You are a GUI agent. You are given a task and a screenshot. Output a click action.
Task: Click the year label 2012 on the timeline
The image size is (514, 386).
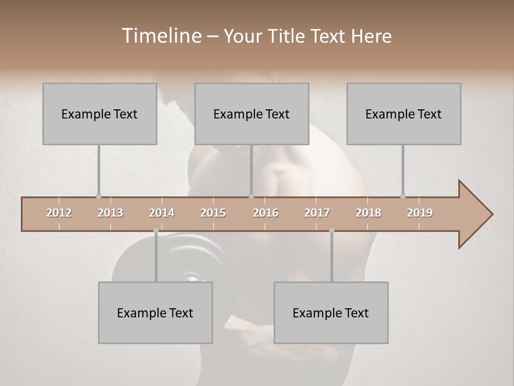(59, 213)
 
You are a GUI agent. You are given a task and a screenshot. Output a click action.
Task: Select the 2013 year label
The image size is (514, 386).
(110, 213)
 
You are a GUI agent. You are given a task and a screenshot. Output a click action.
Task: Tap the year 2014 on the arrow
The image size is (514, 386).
(162, 213)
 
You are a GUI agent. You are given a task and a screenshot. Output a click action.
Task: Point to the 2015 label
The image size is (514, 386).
(213, 213)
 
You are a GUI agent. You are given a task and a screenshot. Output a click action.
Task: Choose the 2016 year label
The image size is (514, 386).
(266, 213)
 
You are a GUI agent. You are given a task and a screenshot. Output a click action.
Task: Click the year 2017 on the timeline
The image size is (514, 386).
(317, 213)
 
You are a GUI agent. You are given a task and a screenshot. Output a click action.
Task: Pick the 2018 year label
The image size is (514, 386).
(368, 213)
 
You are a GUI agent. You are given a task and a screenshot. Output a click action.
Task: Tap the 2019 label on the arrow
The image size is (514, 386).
(420, 213)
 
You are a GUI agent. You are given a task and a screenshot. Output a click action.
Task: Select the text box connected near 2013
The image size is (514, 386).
(100, 114)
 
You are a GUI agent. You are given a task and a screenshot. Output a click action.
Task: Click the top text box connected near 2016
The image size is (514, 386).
(252, 114)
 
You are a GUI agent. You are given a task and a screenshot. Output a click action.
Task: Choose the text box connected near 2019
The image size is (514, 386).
(404, 114)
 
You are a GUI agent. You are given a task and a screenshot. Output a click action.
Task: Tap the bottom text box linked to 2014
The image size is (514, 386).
(155, 313)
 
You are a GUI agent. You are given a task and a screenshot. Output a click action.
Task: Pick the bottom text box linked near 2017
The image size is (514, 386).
(331, 313)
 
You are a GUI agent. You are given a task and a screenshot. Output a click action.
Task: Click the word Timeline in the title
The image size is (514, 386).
(160, 36)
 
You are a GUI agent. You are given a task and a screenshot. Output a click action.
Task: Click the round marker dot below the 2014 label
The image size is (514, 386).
(156, 231)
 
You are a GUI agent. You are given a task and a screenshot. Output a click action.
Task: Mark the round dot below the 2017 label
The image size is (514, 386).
(331, 231)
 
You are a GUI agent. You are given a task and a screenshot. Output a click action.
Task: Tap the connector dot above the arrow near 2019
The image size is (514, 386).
(403, 196)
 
